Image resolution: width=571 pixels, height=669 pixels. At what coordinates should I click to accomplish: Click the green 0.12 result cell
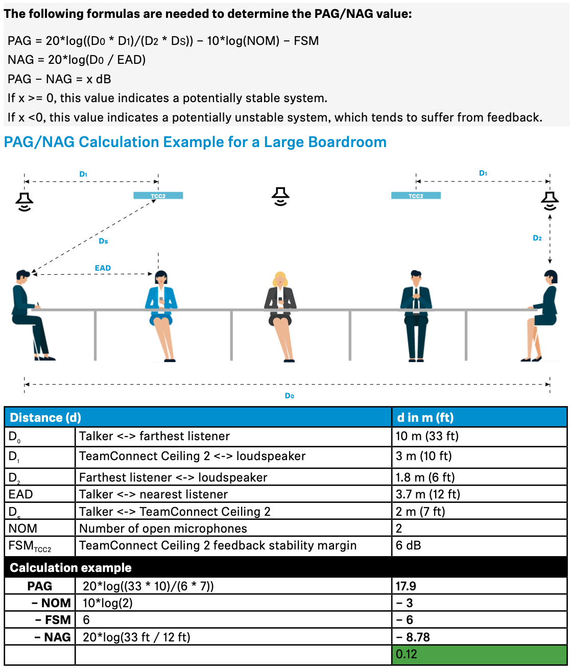(479, 654)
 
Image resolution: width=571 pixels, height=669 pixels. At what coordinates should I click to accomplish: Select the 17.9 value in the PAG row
(406, 586)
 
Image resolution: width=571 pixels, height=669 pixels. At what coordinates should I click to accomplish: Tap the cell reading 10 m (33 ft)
(427, 436)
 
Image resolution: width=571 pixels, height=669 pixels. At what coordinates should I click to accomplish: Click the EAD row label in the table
(21, 494)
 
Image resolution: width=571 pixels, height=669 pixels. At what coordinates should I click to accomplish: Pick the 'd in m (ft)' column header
(425, 417)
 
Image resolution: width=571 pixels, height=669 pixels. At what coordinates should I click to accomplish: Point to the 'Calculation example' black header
(71, 568)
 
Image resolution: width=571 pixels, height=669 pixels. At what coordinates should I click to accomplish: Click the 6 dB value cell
(409, 545)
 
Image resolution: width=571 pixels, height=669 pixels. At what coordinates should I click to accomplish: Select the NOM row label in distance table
(23, 529)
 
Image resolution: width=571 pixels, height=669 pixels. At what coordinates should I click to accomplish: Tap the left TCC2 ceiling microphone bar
(158, 196)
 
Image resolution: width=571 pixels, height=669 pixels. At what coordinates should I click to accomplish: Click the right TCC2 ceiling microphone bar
(416, 196)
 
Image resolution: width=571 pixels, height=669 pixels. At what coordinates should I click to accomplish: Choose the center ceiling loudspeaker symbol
(280, 196)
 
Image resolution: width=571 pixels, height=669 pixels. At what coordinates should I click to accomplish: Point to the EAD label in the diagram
(103, 268)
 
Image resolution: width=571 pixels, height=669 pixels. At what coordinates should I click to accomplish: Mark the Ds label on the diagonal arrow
(103, 241)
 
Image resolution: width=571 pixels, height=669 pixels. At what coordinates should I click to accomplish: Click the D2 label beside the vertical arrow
(537, 238)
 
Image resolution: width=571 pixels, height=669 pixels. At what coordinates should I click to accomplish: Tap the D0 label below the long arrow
(289, 396)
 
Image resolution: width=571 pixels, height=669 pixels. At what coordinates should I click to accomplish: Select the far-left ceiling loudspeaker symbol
(24, 201)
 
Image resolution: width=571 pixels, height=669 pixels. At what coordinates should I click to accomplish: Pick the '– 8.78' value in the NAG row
(413, 637)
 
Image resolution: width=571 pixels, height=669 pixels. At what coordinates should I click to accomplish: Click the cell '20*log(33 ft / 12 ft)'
(136, 637)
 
